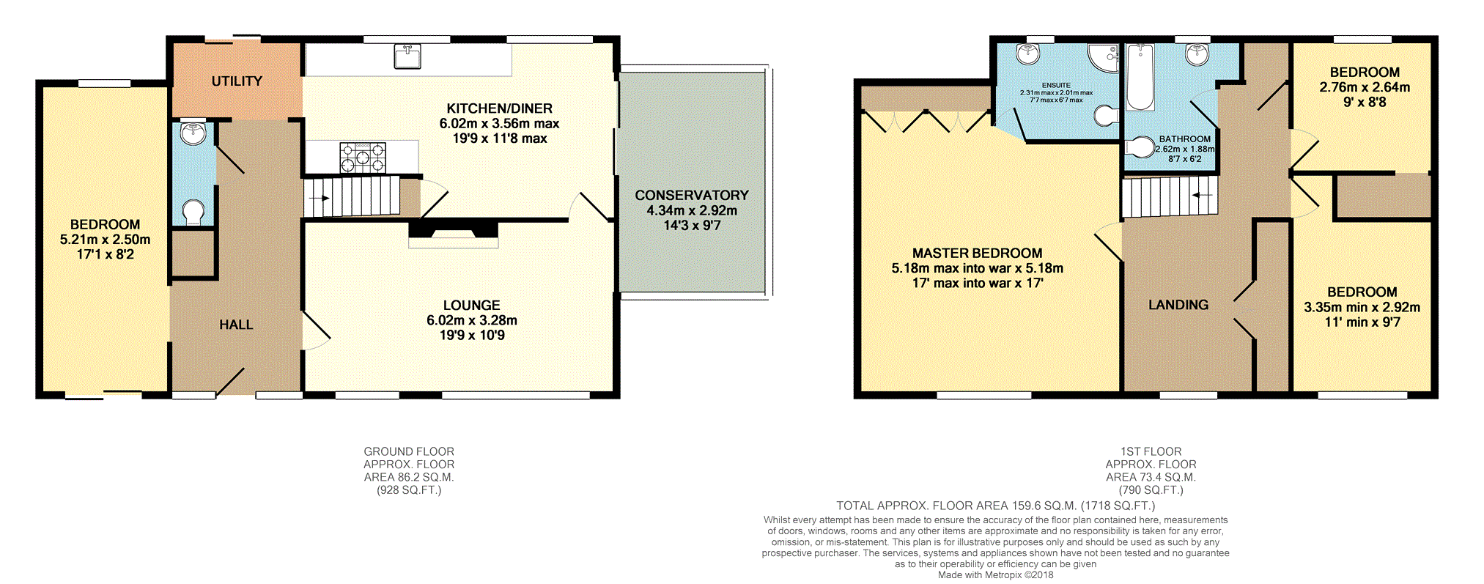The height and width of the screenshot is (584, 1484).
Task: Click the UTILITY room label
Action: coord(237,81)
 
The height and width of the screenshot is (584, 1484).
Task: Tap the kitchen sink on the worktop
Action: coord(407,56)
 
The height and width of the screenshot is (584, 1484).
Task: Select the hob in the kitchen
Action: coord(362,157)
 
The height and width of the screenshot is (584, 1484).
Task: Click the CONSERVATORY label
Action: coord(692,196)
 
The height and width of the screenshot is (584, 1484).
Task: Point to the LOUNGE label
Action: coord(472,306)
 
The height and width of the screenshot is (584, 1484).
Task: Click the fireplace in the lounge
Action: coord(453,233)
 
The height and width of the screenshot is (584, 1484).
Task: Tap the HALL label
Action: coord(236,325)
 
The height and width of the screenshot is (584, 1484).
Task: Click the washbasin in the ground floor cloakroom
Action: coord(193,133)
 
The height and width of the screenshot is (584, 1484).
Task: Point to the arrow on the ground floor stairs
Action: coord(319,198)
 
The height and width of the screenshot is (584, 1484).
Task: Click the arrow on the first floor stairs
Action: coord(1201,196)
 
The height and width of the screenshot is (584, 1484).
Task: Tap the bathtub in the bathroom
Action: coord(1140,77)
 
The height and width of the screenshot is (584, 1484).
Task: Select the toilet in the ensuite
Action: coord(1107,115)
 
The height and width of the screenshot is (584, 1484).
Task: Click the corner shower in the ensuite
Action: coord(1104,58)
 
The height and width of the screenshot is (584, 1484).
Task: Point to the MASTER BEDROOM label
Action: coord(978,254)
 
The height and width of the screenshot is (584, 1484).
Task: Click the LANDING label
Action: coord(1178,305)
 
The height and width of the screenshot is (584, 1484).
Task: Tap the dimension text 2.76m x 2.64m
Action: coord(1365,87)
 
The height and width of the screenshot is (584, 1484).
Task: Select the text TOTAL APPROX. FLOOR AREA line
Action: coord(996,506)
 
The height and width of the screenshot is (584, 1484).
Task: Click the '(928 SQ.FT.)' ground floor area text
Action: coord(409,490)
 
